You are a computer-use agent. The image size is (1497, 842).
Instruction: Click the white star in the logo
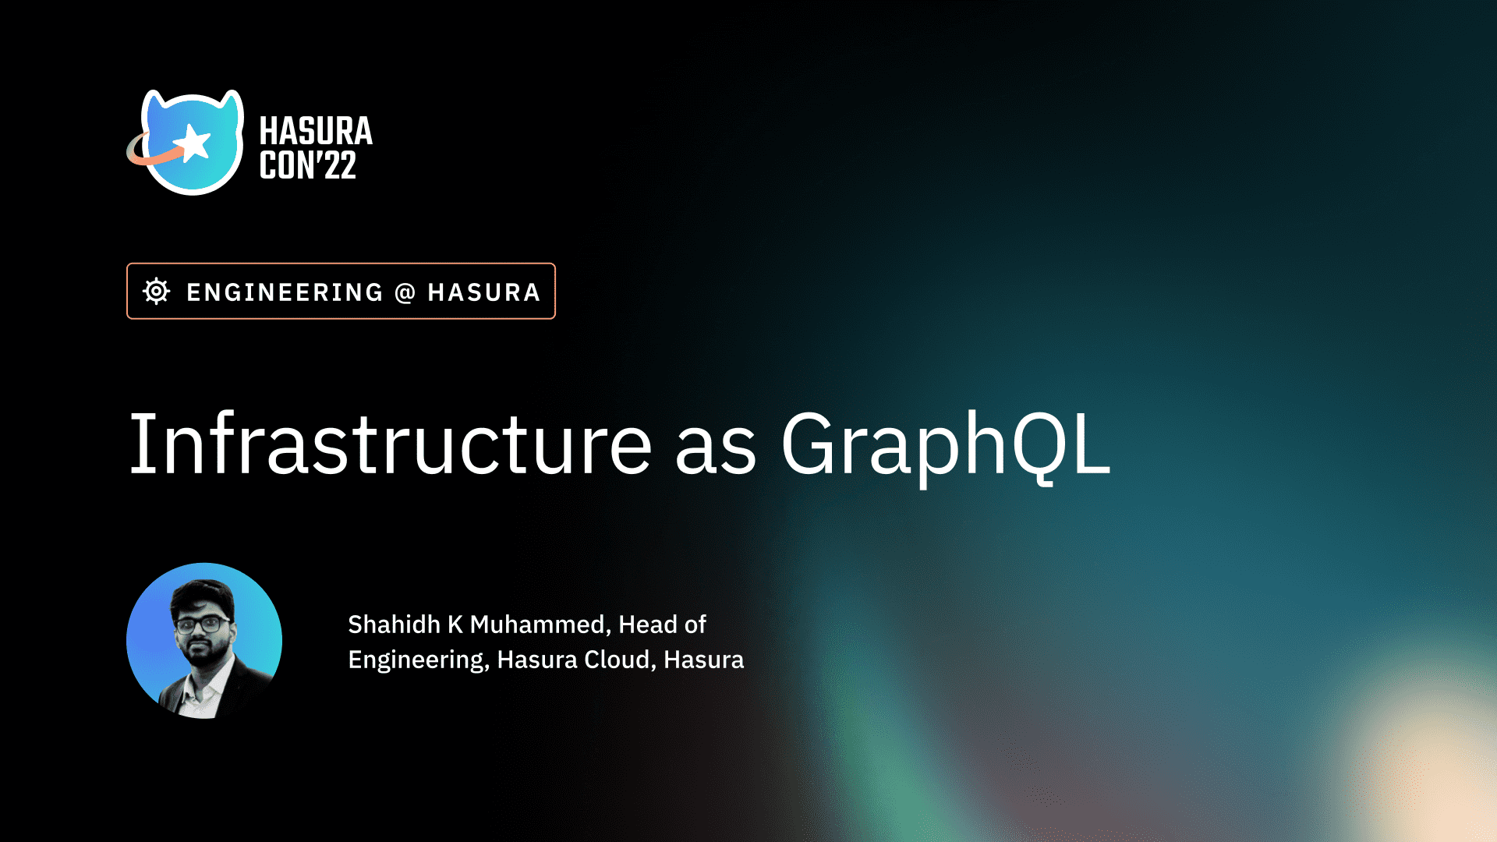[193, 143]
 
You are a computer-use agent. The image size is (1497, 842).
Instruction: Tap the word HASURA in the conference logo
[316, 131]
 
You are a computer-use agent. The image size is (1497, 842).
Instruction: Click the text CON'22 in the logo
[308, 166]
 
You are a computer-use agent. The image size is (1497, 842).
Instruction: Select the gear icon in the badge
[156, 291]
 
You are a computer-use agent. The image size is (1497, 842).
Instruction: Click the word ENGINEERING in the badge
[285, 292]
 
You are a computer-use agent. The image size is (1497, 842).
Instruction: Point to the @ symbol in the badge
[405, 292]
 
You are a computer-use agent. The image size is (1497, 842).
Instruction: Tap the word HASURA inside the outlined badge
[483, 292]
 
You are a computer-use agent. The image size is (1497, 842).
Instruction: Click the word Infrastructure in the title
[390, 444]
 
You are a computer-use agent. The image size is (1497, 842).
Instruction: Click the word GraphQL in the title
[945, 444]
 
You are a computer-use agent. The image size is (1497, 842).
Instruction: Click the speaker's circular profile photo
[204, 641]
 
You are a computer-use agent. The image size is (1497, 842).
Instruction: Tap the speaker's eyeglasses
[202, 624]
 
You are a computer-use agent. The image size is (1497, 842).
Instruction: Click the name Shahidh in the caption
[394, 624]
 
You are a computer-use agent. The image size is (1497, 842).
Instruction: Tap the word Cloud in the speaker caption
[618, 660]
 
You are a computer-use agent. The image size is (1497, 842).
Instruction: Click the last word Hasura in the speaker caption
[703, 660]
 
